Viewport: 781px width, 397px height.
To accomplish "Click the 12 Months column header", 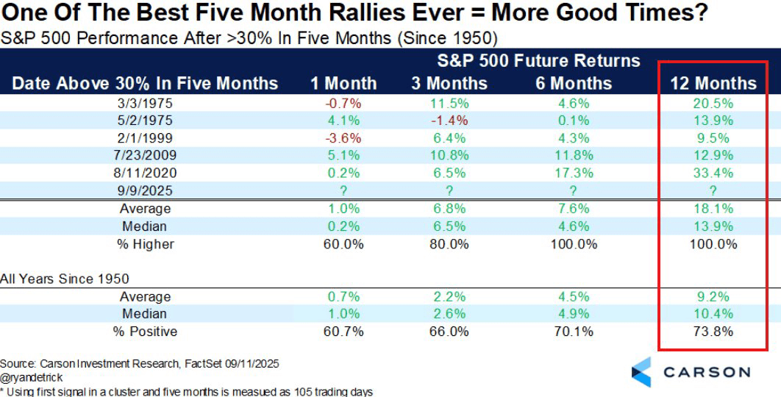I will click(x=713, y=83).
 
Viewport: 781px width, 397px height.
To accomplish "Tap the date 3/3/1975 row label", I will click(x=145, y=104).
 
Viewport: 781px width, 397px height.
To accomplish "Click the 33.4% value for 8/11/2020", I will click(x=713, y=174).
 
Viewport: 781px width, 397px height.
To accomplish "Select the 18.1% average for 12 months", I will click(x=713, y=209).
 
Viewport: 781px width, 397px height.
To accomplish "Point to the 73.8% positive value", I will click(x=713, y=332).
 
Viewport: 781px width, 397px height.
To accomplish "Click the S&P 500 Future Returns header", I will click(x=538, y=61).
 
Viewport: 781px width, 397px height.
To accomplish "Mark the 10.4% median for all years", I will click(x=713, y=314).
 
